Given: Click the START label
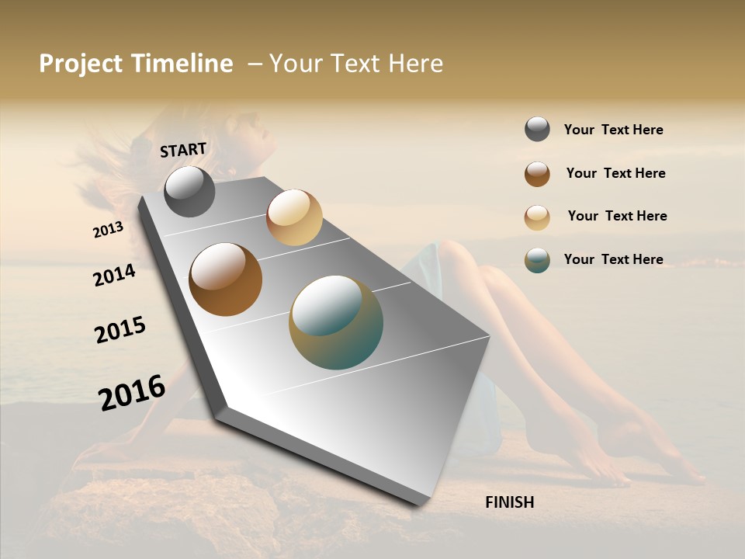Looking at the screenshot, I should [183, 149].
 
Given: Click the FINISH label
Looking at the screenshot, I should [509, 502].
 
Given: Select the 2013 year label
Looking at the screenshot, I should [108, 230].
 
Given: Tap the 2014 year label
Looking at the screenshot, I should [114, 275].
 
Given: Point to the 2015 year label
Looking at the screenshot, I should [120, 330].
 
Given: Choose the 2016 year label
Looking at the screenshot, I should [132, 393].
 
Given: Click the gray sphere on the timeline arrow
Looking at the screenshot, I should [189, 192].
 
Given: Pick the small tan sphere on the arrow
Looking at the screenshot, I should [294, 217].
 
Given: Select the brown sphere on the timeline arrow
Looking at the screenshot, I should [225, 279].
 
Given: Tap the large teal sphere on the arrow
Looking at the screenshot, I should [336, 322].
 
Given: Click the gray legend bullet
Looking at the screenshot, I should [537, 130].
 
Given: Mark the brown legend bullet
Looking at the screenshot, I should [537, 174].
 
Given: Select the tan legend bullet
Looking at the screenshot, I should [537, 217].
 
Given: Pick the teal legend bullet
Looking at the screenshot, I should [537, 260].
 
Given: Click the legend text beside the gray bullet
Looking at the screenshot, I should [613, 130].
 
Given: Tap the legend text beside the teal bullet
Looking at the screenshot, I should [613, 259].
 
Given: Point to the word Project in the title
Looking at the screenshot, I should [80, 64].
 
